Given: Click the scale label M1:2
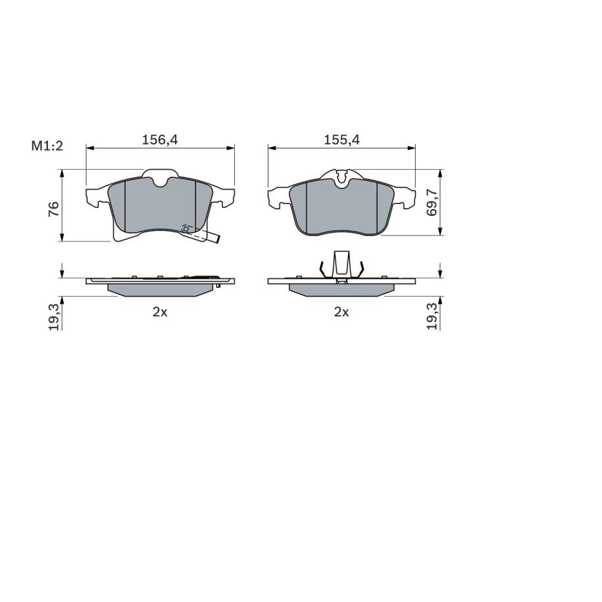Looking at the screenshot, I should tap(46, 146).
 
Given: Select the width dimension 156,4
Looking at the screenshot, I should tap(161, 139).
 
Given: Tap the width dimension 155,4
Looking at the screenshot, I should tap(341, 139).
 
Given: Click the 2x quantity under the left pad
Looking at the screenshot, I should tap(161, 313).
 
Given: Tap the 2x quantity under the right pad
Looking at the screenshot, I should tap(341, 313).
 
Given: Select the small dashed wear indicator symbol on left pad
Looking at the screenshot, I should tap(186, 229).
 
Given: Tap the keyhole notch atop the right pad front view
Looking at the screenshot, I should tap(341, 176).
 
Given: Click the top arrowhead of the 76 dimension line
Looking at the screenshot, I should tap(62, 172).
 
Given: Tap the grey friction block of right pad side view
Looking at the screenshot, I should tap(341, 289).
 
